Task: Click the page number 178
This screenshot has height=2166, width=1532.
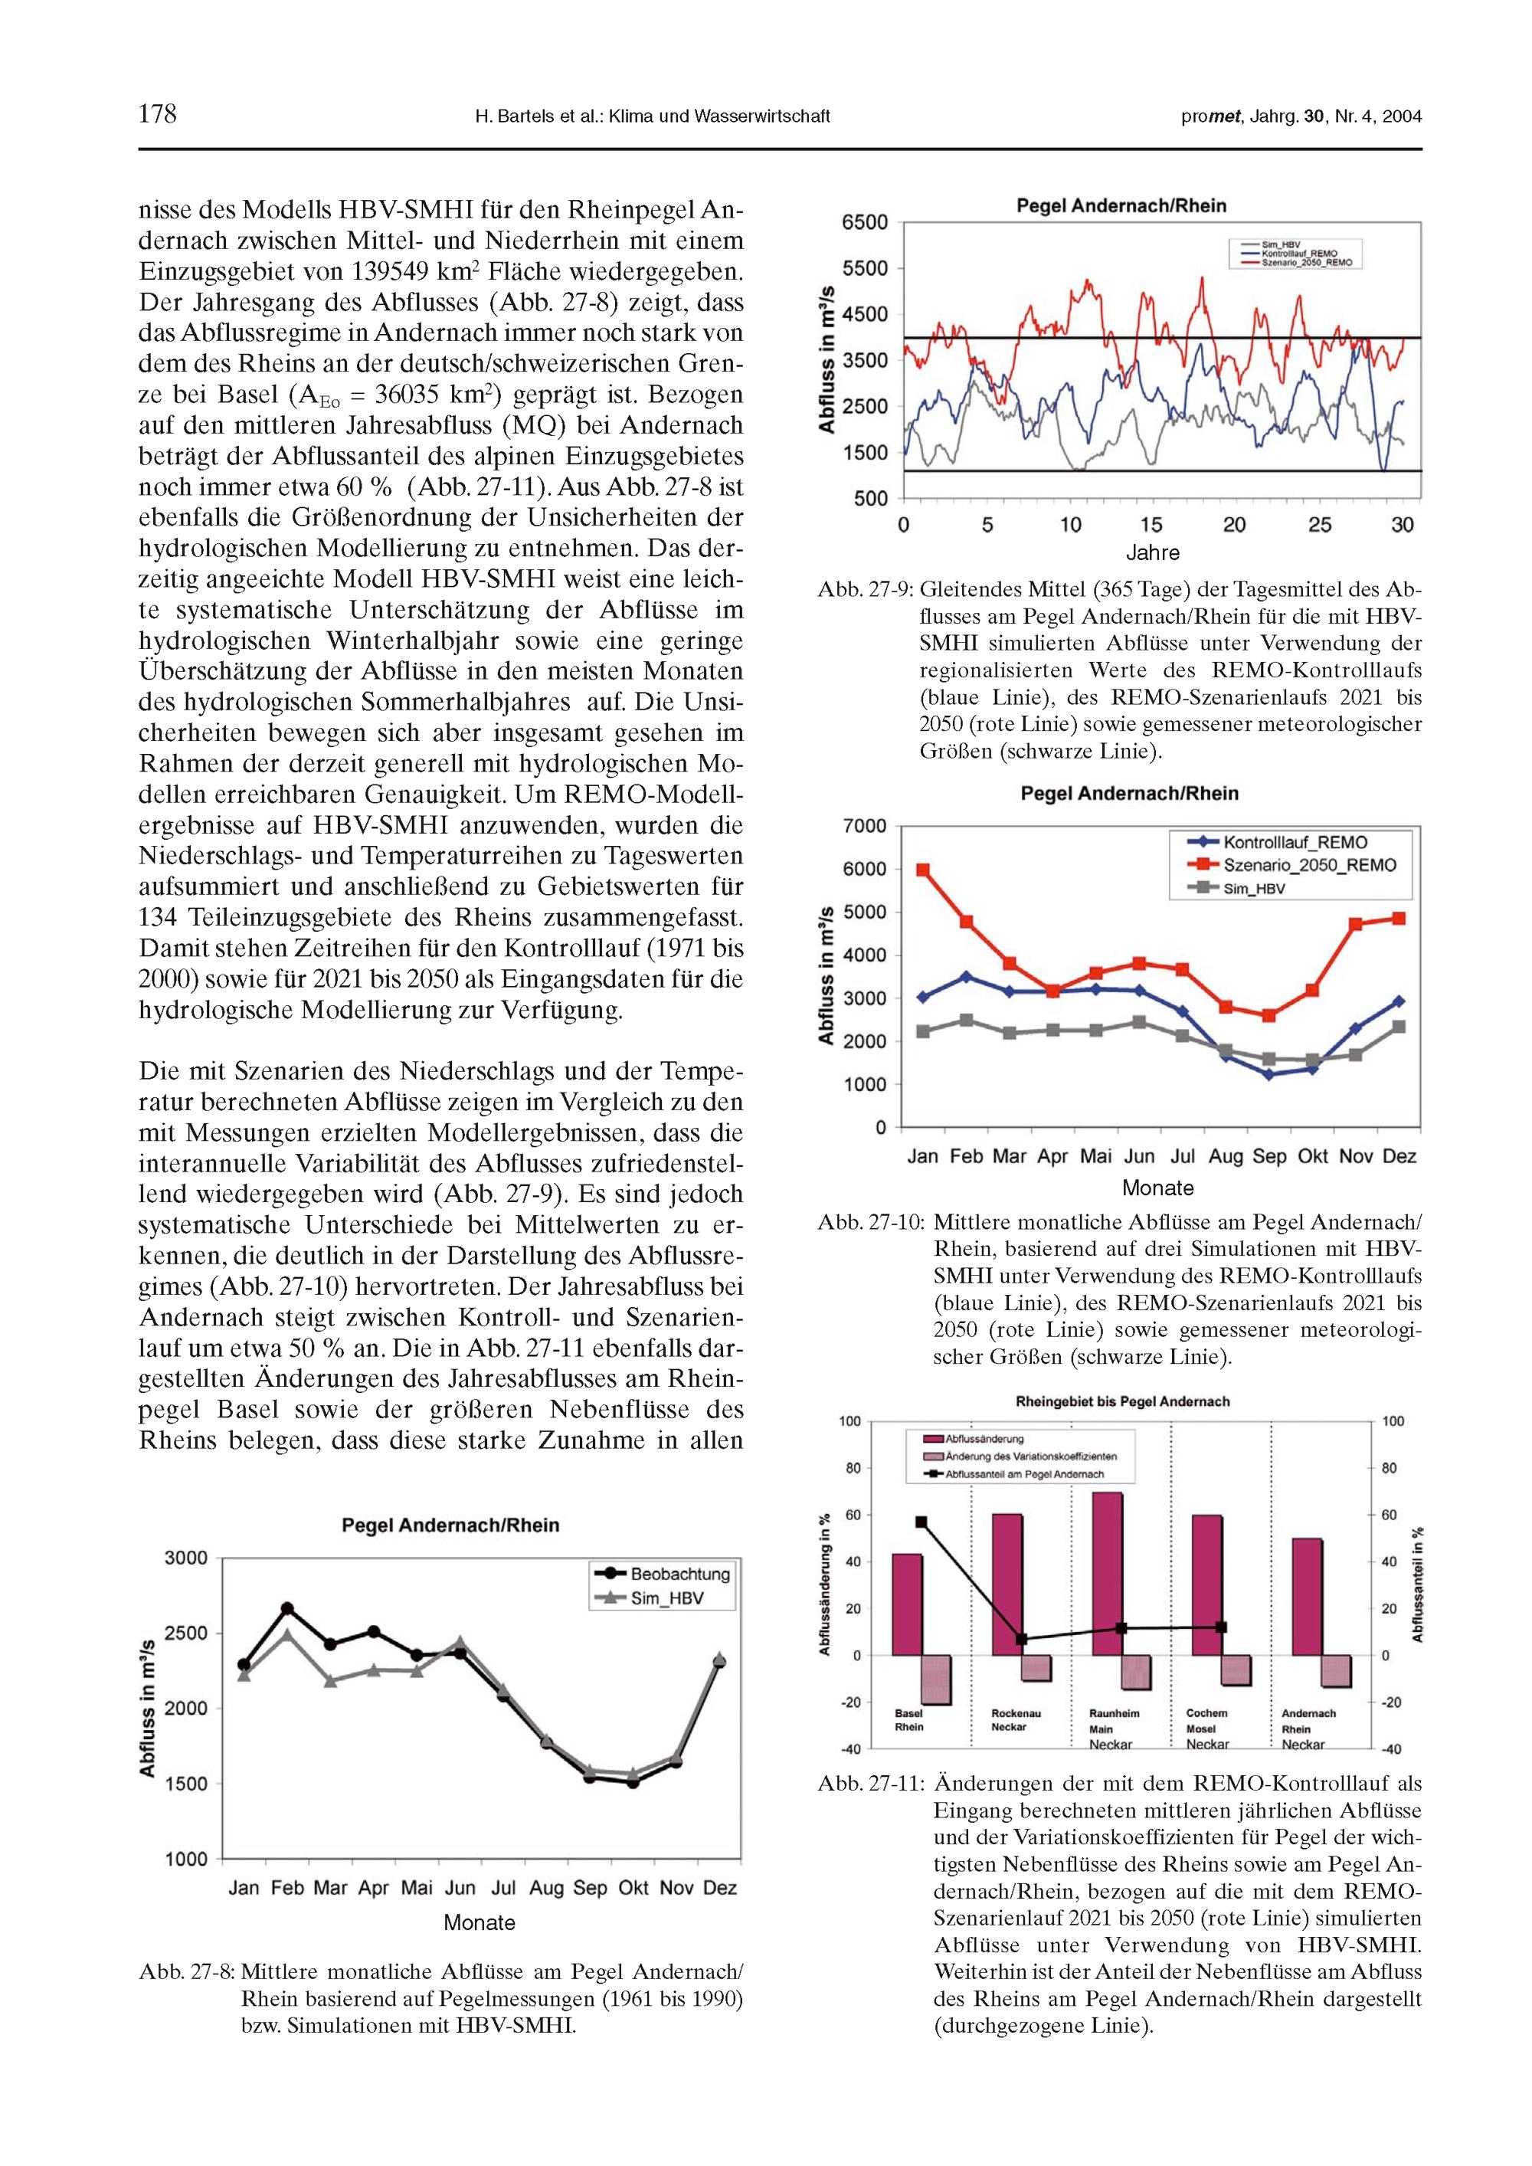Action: [158, 115]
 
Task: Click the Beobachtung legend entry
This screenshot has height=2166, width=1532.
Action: [679, 1575]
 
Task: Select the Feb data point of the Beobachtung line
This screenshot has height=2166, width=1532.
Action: [288, 1607]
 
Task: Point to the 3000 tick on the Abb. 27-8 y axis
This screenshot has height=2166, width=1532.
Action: [186, 1558]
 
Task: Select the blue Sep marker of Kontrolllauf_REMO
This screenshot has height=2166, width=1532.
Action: [1268, 1074]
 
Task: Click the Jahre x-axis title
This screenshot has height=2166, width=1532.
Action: [1152, 553]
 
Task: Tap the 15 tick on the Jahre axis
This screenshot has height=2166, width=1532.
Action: [1152, 526]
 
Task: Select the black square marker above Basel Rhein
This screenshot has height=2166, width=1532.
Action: [921, 1522]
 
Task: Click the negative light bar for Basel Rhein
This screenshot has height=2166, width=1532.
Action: [936, 1679]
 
